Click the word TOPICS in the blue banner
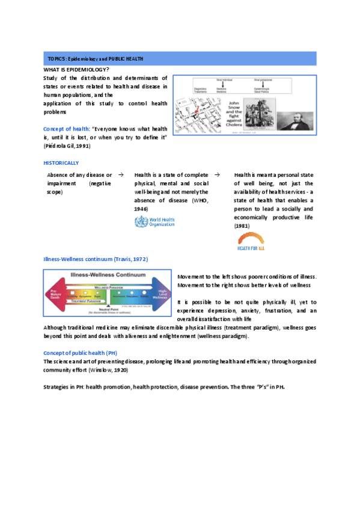[x=56, y=59]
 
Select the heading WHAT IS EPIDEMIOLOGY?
[x=76, y=70]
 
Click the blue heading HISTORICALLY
[x=61, y=163]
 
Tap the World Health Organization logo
[x=154, y=223]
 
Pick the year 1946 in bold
[x=141, y=208]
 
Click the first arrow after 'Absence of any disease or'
[x=121, y=174]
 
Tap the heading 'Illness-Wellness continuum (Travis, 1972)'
[x=96, y=259]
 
